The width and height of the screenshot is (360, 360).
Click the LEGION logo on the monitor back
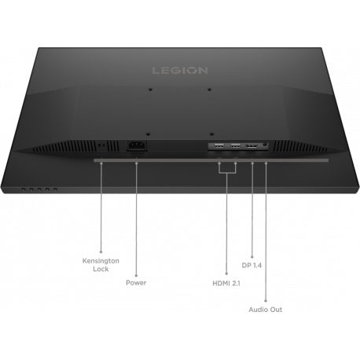click(180, 70)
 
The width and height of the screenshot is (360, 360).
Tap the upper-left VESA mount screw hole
click(149, 89)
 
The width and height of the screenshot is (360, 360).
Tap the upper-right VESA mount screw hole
click(210, 89)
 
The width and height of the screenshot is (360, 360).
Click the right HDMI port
click(235, 146)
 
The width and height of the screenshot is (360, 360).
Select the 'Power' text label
click(137, 280)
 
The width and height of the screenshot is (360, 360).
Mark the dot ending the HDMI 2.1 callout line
click(226, 269)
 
